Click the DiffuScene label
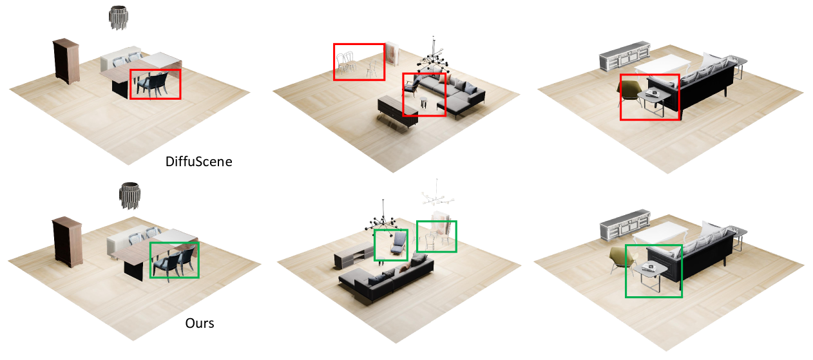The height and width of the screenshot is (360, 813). click(198, 162)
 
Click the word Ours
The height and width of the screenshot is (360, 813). click(200, 323)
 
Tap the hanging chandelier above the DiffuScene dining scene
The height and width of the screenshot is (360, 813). click(119, 17)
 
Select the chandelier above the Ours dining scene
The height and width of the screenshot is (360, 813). click(129, 196)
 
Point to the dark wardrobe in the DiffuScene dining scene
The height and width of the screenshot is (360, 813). click(66, 61)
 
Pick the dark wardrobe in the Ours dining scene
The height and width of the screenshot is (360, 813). click(68, 242)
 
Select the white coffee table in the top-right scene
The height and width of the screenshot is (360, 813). click(662, 65)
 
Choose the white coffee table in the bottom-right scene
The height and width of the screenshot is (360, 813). click(660, 233)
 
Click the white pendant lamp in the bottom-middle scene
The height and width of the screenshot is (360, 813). click(438, 194)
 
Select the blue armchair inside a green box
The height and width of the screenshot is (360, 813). click(399, 244)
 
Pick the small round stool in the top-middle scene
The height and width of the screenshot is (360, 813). click(423, 102)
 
